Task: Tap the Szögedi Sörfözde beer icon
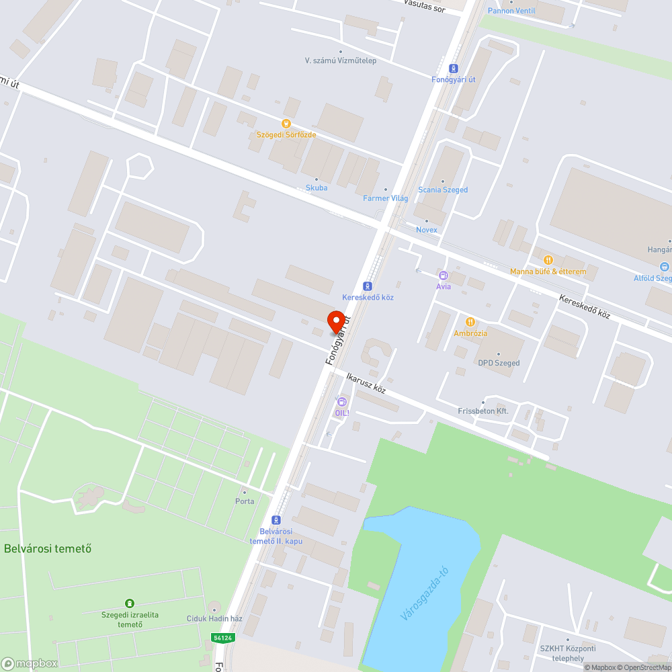(x=286, y=124)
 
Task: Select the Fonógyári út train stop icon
(x=454, y=69)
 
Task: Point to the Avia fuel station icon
(x=443, y=276)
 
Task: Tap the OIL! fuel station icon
(x=342, y=402)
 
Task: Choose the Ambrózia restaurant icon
(x=470, y=322)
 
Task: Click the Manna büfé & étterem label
(x=548, y=271)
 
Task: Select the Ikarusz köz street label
(x=366, y=383)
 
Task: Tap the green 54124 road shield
(x=222, y=637)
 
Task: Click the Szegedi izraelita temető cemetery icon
(x=130, y=603)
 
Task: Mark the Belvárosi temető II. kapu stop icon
(x=274, y=520)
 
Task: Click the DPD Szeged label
(x=499, y=363)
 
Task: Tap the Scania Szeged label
(x=443, y=190)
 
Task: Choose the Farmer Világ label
(x=386, y=198)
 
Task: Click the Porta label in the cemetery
(x=245, y=501)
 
